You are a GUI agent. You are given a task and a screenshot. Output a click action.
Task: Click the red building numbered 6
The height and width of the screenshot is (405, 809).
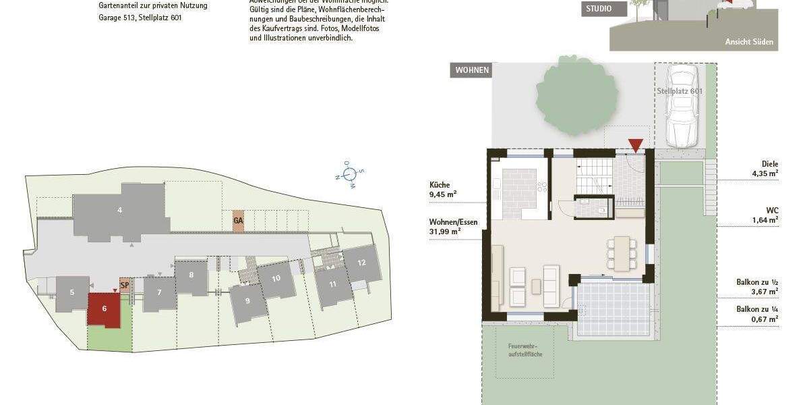tap(104, 309)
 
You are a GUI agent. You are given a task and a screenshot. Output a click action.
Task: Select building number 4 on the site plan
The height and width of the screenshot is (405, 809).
tap(120, 211)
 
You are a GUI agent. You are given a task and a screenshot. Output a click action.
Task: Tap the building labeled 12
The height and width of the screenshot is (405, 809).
tap(362, 263)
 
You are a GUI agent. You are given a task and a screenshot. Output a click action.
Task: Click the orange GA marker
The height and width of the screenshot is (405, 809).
tap(237, 221)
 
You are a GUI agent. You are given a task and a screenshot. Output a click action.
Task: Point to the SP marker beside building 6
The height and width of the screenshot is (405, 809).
tap(124, 286)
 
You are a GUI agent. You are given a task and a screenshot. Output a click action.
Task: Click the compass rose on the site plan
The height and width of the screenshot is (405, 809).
tap(350, 173)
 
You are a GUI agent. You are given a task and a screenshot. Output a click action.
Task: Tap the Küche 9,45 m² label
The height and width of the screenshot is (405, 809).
tap(444, 190)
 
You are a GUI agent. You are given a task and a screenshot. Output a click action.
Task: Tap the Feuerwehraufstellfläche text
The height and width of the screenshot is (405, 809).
tap(526, 350)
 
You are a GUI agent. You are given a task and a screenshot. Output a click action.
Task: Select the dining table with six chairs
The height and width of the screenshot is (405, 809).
tap(620, 253)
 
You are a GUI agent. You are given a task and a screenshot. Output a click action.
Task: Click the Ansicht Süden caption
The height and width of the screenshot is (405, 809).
tap(749, 42)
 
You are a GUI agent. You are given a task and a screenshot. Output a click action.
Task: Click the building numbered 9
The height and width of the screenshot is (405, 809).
tap(247, 301)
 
